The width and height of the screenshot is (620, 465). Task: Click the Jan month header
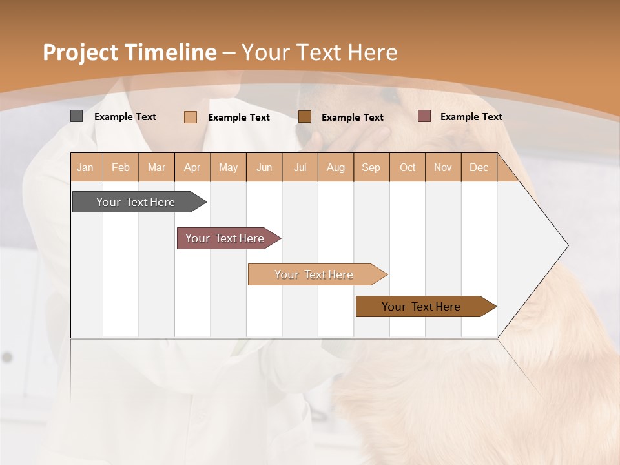pos(85,167)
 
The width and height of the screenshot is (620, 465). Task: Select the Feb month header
pos(121,167)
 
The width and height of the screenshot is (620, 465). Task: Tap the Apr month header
pos(192,167)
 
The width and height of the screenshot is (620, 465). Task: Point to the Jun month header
pos(264,167)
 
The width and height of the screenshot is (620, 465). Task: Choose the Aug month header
pos(335,167)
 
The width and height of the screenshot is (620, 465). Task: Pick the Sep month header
pos(371,167)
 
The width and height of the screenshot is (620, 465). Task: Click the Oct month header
pos(408,167)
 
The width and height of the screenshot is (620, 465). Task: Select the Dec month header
pos(479,167)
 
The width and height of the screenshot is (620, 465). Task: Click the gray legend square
pos(76,116)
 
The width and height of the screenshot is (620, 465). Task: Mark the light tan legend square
pos(190,117)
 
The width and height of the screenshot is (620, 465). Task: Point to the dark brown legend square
pos(305,116)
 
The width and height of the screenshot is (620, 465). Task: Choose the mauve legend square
pos(424,116)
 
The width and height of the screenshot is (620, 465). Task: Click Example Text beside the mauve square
pos(471,117)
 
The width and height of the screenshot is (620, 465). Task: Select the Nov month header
pos(442,167)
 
